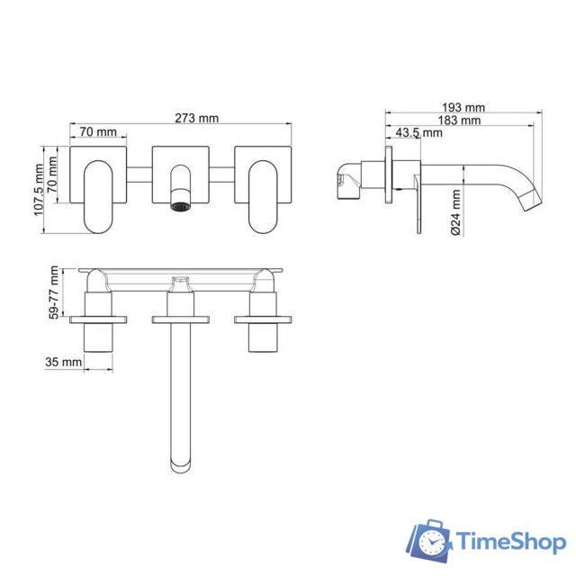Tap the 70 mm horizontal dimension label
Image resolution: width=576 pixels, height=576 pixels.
coord(97,132)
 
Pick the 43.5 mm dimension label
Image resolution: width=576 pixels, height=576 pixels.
coord(419,132)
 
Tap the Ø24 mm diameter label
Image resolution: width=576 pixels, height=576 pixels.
coord(456,212)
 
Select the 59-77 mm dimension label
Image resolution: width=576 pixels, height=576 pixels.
coord(55,292)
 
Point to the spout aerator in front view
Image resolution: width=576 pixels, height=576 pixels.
coord(181,207)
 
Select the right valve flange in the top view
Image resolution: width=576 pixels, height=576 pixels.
coord(264,319)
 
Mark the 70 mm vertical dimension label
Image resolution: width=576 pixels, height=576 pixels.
coord(54,176)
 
